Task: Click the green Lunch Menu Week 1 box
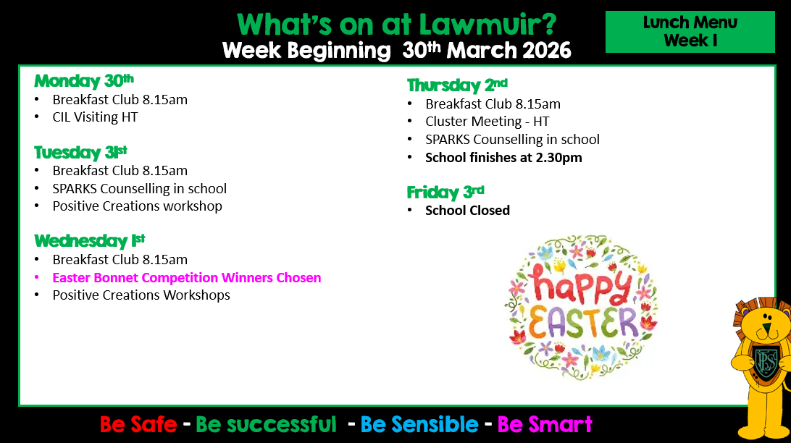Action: (690, 32)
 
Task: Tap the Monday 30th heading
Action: (84, 80)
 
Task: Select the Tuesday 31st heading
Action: (80, 152)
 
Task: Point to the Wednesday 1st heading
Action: (90, 240)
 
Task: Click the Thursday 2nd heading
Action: (457, 85)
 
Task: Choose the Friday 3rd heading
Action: (445, 192)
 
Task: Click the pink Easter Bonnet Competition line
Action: (187, 278)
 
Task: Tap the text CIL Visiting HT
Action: (95, 117)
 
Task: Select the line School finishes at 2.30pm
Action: (503, 158)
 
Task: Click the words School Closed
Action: (467, 210)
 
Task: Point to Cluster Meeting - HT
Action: (487, 122)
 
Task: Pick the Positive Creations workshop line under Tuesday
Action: (137, 206)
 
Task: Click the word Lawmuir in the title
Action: (487, 24)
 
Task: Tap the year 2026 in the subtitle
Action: (547, 51)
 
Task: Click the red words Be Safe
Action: (138, 424)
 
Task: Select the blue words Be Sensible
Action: (419, 424)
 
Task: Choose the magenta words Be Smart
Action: (545, 424)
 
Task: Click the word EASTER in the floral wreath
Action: (583, 323)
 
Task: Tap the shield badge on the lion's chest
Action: (766, 361)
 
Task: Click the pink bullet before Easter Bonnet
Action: (36, 278)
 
